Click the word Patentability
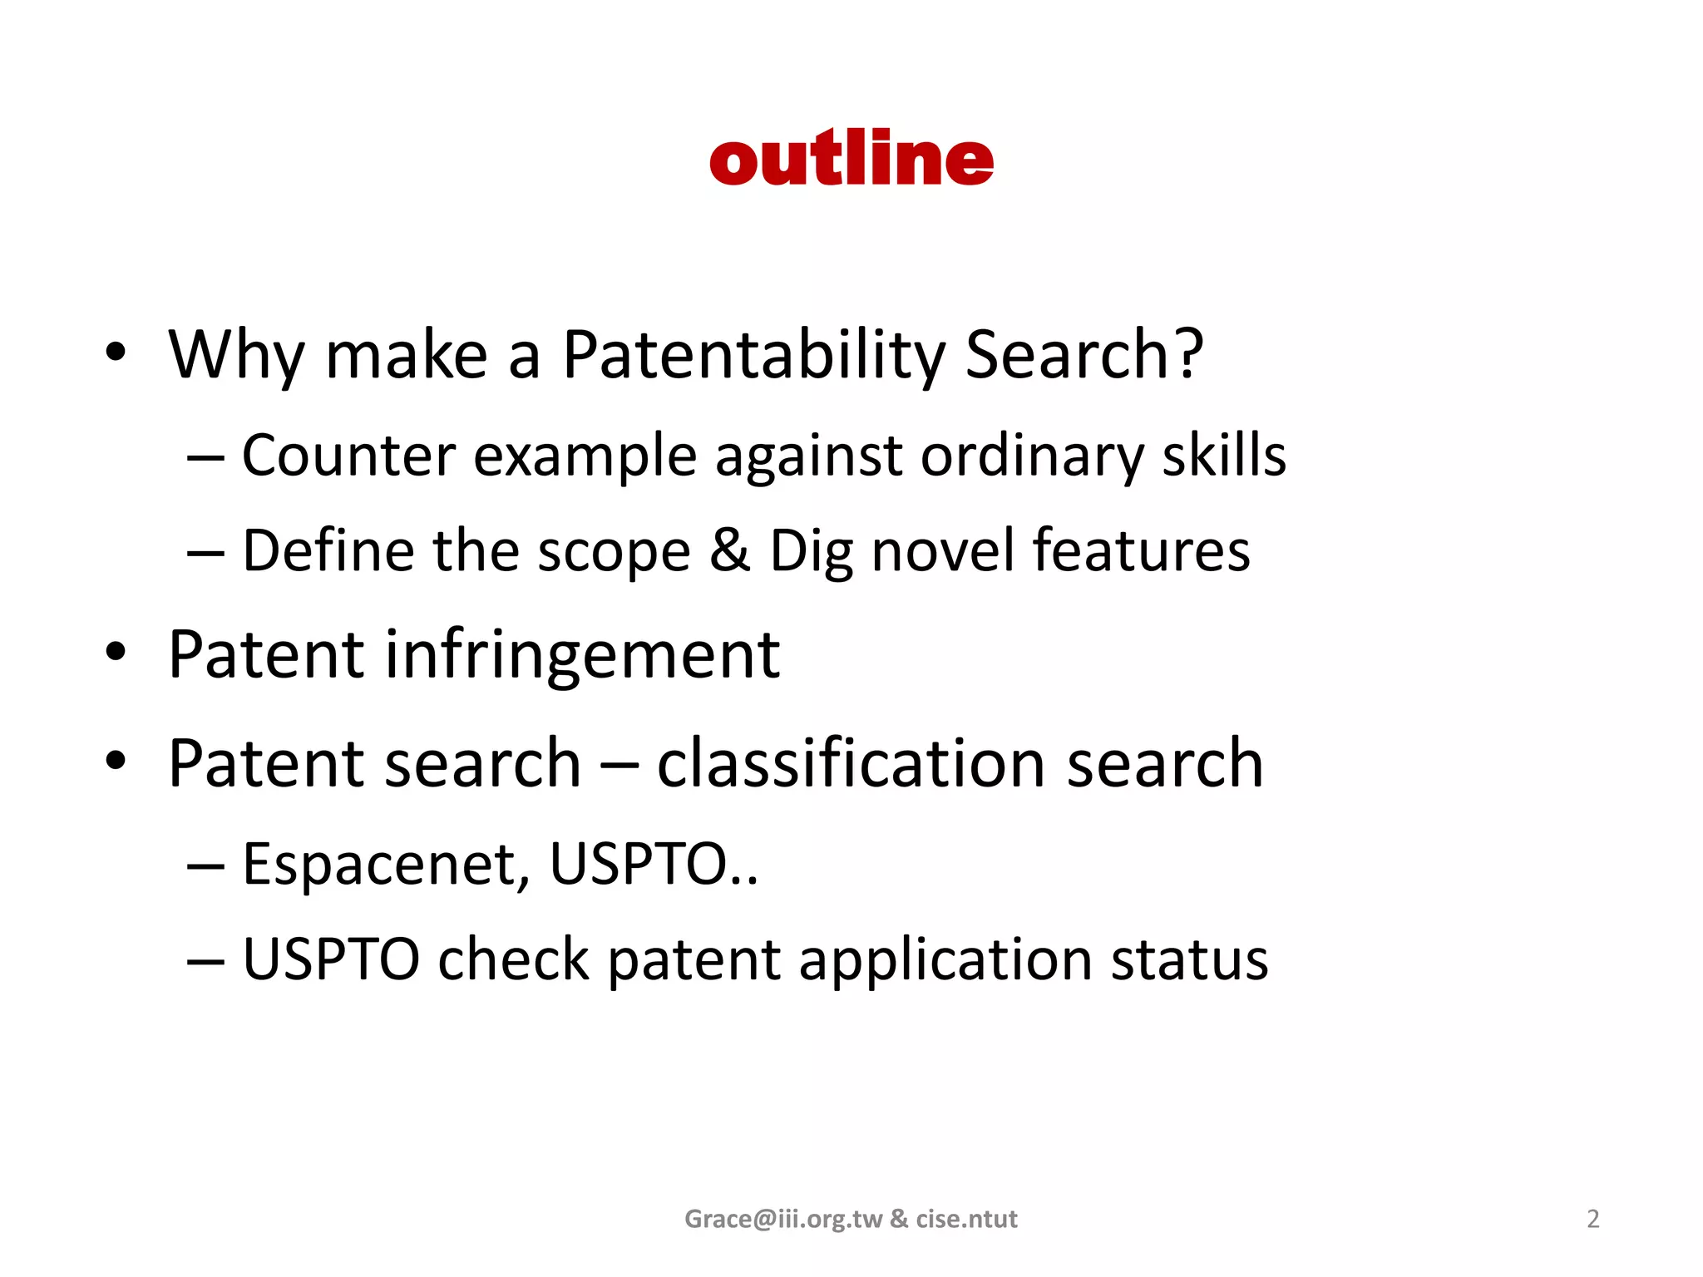(753, 355)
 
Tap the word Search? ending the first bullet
(1084, 355)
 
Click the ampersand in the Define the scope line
(729, 550)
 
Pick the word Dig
(811, 552)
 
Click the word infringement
(582, 656)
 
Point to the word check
(513, 959)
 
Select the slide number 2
(1592, 1219)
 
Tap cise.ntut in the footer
(966, 1219)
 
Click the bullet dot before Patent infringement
(116, 653)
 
